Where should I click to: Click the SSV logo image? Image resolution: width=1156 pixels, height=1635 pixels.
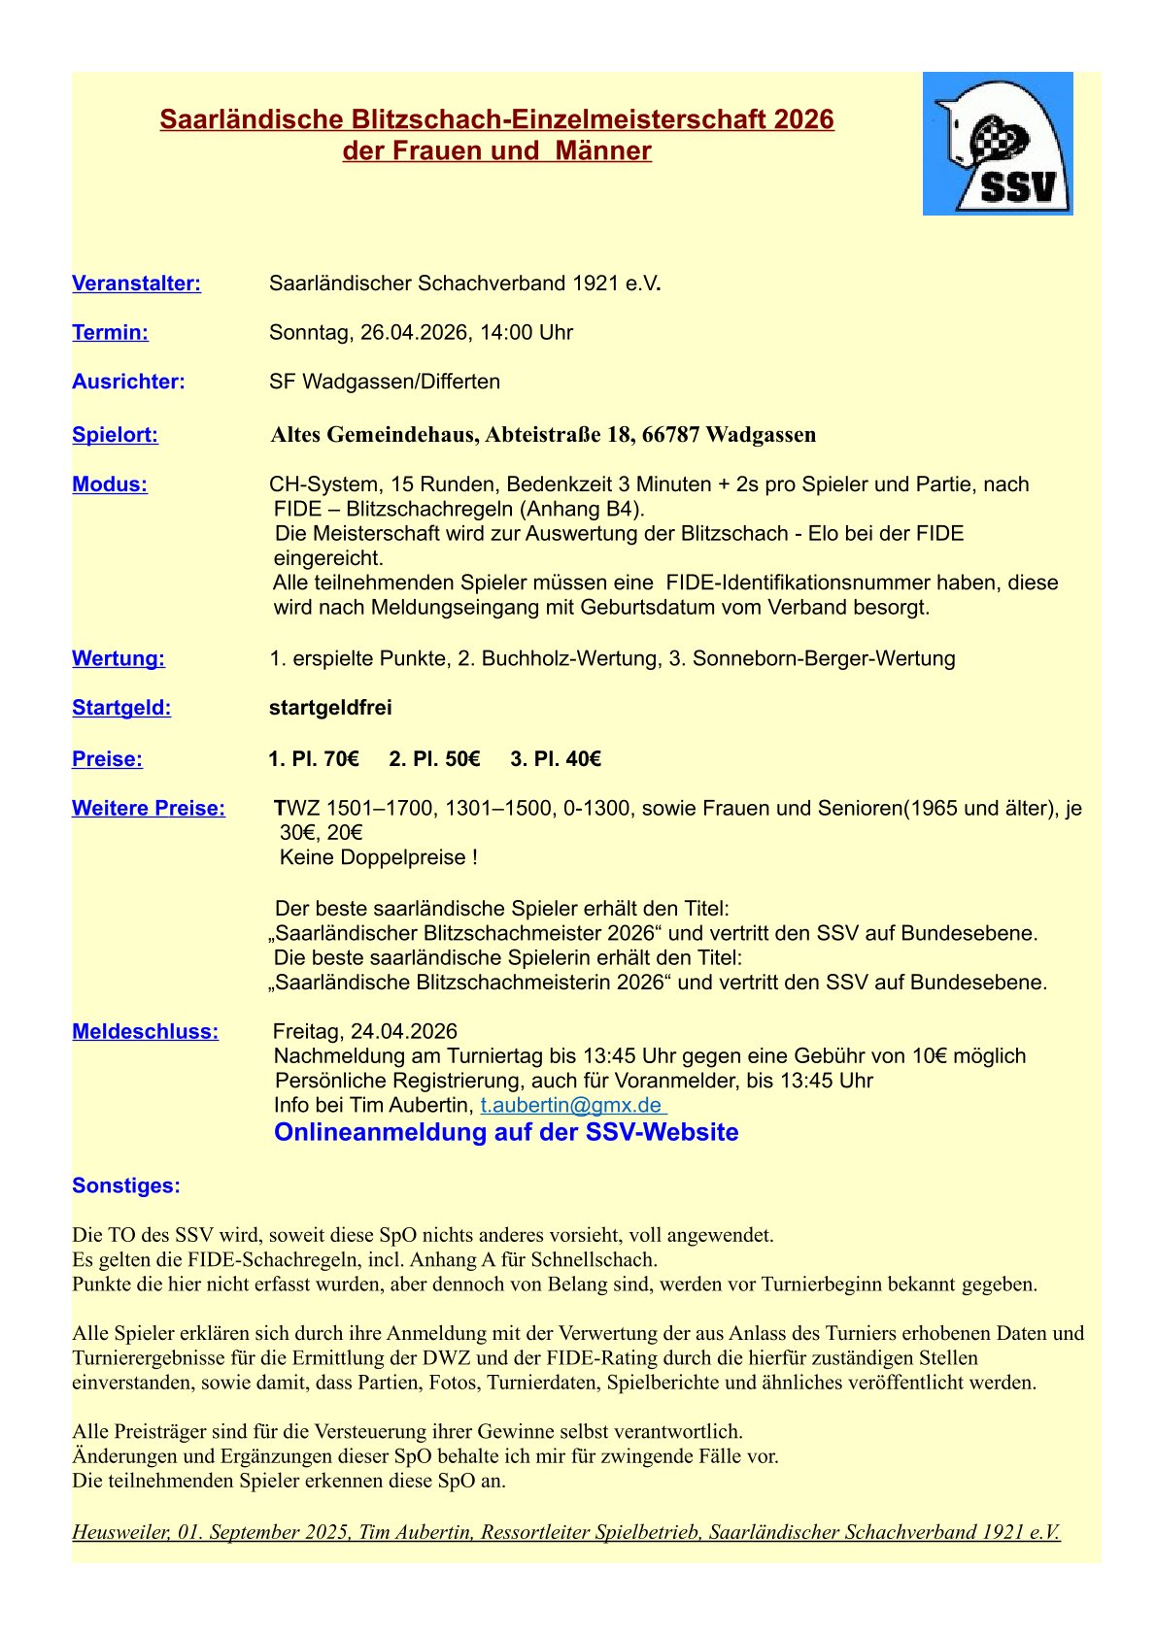click(x=998, y=144)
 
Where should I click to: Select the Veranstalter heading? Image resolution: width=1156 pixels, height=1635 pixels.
click(x=136, y=284)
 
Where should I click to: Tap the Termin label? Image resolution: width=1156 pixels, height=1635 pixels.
click(x=110, y=333)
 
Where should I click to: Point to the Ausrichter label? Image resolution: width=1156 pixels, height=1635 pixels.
click(x=128, y=382)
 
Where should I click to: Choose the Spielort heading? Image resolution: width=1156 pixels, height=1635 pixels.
click(x=115, y=435)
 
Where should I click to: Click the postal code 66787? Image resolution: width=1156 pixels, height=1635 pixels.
click(x=671, y=435)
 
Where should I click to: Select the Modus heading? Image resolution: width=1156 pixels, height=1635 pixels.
click(x=110, y=484)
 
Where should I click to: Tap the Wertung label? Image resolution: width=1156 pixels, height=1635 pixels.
click(x=119, y=658)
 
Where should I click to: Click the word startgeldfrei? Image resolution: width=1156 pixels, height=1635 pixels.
click(x=330, y=708)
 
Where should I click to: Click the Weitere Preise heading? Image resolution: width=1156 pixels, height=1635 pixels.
click(x=149, y=809)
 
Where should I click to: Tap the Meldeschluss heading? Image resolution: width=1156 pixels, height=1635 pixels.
click(x=145, y=1032)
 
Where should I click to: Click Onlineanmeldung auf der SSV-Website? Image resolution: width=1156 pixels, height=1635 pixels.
click(x=506, y=1133)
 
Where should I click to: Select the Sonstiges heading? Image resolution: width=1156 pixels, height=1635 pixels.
click(x=126, y=1185)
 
